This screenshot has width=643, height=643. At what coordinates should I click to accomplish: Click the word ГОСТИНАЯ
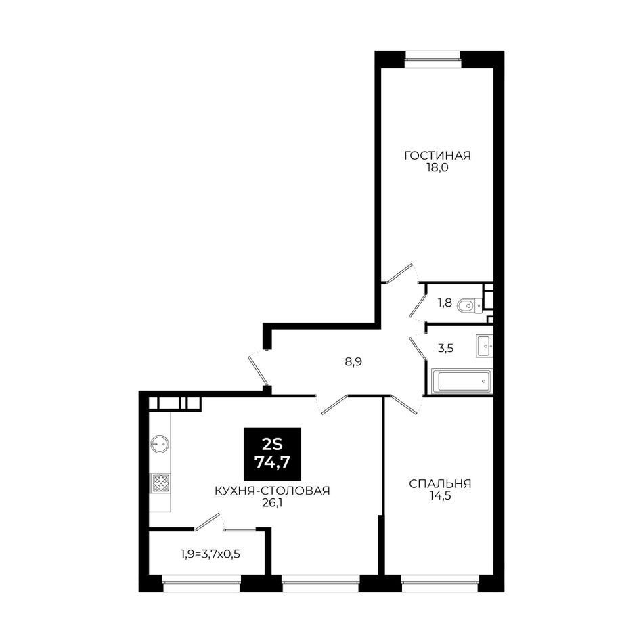[437, 156]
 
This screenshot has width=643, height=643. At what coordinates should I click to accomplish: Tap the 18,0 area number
[437, 168]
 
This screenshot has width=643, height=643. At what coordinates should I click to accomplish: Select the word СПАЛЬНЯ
[440, 484]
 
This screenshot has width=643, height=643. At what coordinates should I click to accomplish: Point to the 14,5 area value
[440, 496]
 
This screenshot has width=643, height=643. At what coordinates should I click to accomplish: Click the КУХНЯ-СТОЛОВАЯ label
[272, 491]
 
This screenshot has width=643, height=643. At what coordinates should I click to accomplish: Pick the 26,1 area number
[272, 503]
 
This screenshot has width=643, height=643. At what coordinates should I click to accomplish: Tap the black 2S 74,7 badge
[272, 454]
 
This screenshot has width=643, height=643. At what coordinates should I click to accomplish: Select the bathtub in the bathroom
[462, 381]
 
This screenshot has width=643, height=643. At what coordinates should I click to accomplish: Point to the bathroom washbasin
[484, 346]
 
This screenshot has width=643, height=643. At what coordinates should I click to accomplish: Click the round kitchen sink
[160, 444]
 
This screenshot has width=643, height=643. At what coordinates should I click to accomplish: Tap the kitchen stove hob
[161, 483]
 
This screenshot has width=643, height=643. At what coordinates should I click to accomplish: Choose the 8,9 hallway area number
[353, 361]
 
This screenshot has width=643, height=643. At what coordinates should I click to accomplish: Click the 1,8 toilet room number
[445, 303]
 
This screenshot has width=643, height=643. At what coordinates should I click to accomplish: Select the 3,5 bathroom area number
[446, 349]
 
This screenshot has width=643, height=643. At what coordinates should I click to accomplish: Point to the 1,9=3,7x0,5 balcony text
[210, 554]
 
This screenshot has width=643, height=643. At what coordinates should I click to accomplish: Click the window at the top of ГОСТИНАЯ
[433, 59]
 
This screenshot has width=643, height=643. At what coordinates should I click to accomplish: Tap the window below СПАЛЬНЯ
[439, 583]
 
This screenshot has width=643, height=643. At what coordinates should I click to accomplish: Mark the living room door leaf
[399, 273]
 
